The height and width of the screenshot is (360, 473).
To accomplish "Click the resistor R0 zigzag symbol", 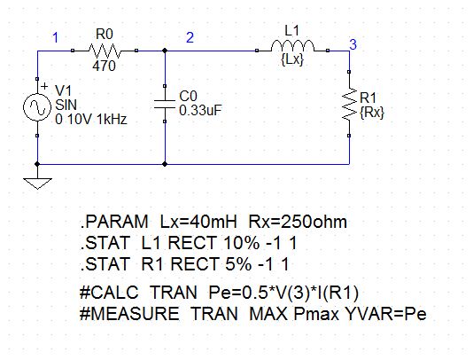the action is click(105, 51).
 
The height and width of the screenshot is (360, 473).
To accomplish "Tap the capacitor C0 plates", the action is click(165, 104).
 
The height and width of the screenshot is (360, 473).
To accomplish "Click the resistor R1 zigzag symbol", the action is click(349, 104).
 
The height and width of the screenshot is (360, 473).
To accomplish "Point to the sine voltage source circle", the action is click(37, 107).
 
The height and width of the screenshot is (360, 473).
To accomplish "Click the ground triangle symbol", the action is click(37, 184).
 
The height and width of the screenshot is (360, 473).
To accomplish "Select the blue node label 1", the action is click(55, 38).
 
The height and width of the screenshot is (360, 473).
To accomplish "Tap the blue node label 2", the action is click(190, 37).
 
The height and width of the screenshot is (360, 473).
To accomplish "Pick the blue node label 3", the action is click(353, 44).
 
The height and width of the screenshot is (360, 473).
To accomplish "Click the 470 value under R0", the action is click(104, 66).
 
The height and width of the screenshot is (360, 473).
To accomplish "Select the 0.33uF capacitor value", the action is click(200, 111).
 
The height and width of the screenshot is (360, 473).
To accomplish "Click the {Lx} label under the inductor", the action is click(292, 59).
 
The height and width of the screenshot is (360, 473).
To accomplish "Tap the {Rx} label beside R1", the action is click(372, 113).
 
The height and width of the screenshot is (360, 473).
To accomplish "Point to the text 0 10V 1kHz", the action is click(91, 120).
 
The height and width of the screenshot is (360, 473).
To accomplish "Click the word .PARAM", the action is click(114, 222).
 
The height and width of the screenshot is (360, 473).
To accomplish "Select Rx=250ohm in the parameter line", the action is click(298, 222).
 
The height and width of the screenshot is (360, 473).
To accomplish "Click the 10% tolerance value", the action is click(241, 243).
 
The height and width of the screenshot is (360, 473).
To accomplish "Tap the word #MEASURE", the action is click(129, 314).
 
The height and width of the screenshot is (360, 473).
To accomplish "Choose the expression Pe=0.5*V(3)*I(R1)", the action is click(283, 293).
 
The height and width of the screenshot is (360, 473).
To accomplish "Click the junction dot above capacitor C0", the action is click(165, 51).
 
